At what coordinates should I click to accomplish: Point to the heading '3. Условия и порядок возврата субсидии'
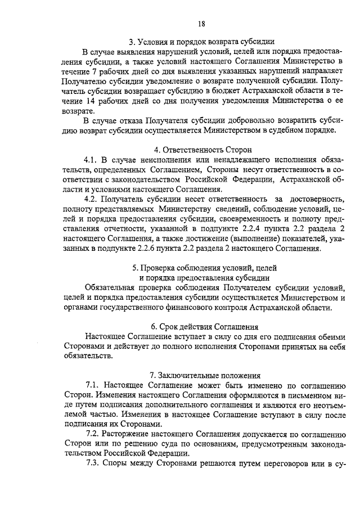pyautogui.click(x=201, y=41)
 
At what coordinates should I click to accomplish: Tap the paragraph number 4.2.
pyautogui.click(x=91, y=199)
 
